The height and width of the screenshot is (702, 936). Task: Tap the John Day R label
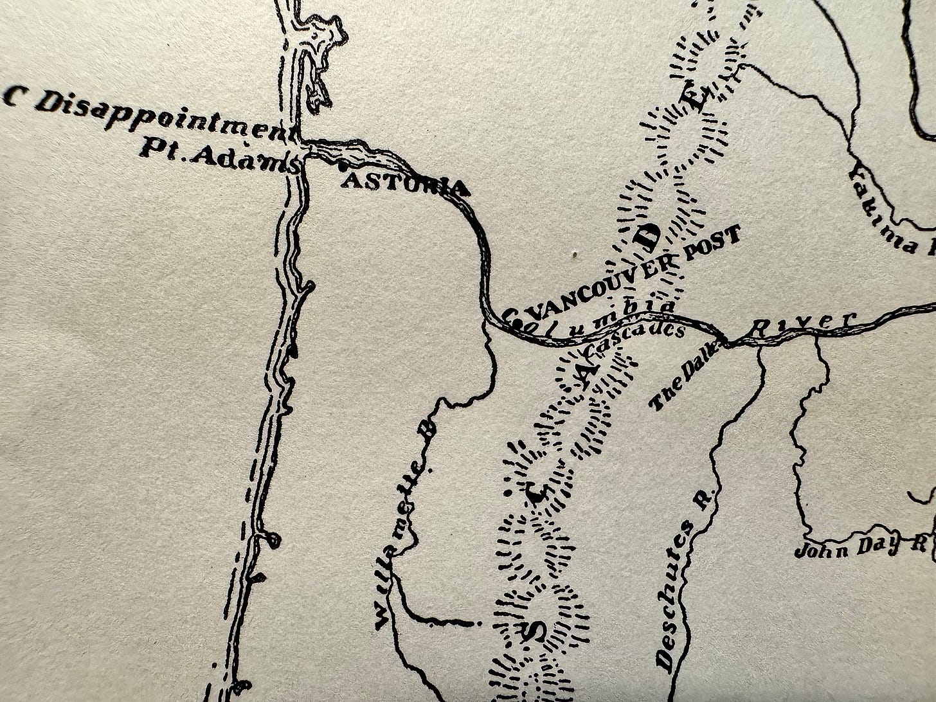[861, 548]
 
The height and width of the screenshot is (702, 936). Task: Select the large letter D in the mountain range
[648, 237]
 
